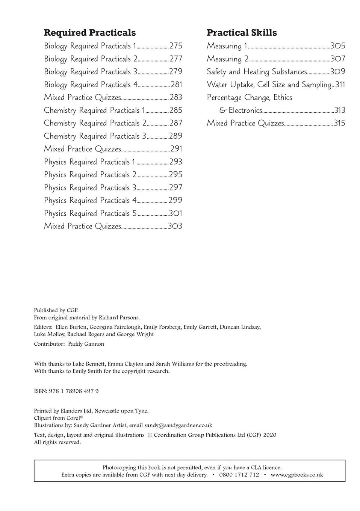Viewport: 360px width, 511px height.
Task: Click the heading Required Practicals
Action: click(x=90, y=33)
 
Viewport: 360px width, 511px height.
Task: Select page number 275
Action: click(x=176, y=46)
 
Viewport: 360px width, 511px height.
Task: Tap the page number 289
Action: click(x=175, y=136)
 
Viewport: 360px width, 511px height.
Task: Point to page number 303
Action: click(x=175, y=226)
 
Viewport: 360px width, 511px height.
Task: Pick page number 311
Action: click(x=340, y=85)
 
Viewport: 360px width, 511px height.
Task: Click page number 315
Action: click(x=339, y=123)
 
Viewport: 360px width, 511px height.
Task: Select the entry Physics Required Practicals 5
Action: click(x=90, y=213)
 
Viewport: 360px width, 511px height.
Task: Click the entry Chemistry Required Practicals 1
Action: click(x=94, y=110)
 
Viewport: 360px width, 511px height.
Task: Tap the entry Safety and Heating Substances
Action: click(x=257, y=72)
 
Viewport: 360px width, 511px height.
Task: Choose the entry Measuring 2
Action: click(x=228, y=59)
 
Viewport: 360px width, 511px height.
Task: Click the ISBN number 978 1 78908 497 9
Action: click(x=74, y=391)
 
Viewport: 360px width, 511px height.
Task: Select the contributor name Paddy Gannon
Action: click(x=86, y=344)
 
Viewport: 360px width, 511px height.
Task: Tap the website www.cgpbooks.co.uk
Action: click(x=296, y=475)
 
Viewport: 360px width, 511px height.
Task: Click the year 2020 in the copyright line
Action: click(x=269, y=435)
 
